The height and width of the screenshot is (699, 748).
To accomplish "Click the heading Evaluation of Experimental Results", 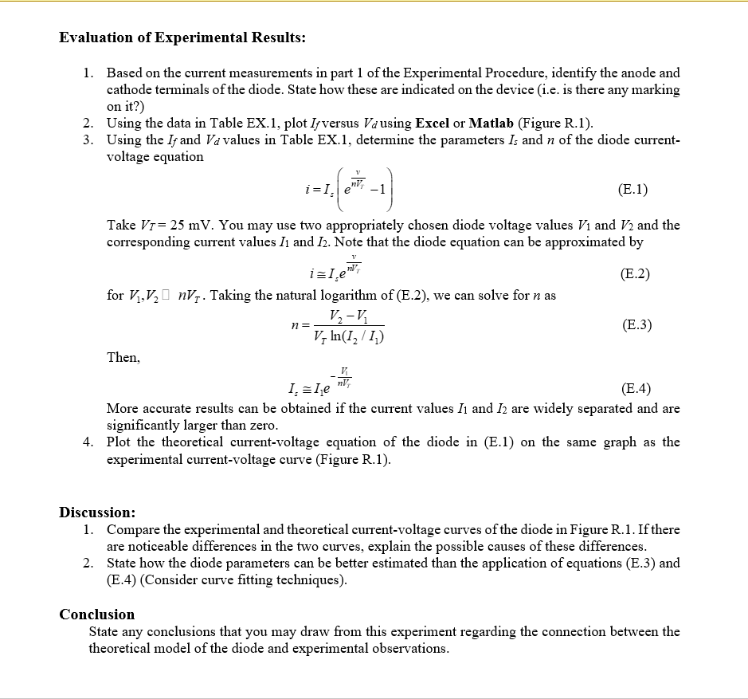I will (x=182, y=37).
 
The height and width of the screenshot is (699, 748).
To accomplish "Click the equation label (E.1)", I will (x=632, y=189).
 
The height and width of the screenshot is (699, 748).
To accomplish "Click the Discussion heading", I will (x=97, y=512).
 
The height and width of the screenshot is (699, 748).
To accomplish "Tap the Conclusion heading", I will (x=97, y=614).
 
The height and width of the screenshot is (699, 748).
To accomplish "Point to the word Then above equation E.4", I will (x=123, y=357).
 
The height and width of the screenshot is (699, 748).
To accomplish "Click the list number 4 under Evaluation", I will (x=88, y=442).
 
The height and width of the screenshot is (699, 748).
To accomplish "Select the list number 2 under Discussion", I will (x=88, y=563).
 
